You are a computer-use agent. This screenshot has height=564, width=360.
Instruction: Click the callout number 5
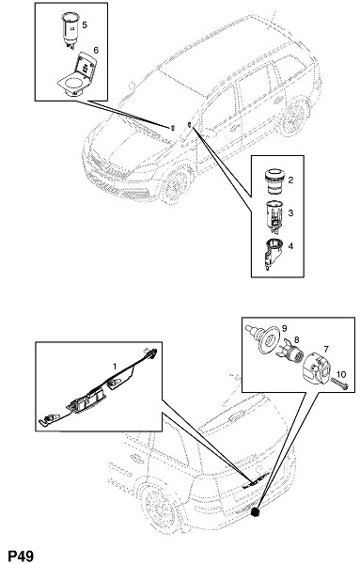[85, 24]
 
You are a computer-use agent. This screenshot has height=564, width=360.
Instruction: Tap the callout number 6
[96, 51]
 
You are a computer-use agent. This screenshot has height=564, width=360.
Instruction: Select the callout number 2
[290, 180]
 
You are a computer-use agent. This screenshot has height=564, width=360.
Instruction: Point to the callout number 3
[290, 213]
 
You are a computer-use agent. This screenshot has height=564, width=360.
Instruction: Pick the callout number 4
[290, 246]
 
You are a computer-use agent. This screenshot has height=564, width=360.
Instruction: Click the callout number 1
[115, 367]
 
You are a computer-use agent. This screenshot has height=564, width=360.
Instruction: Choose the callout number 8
[297, 340]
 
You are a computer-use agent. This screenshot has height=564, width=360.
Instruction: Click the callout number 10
[341, 374]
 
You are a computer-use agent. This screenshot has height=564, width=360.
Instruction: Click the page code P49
[21, 556]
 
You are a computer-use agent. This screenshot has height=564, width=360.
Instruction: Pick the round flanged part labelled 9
[263, 340]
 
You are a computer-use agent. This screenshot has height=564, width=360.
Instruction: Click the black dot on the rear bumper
[256, 512]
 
